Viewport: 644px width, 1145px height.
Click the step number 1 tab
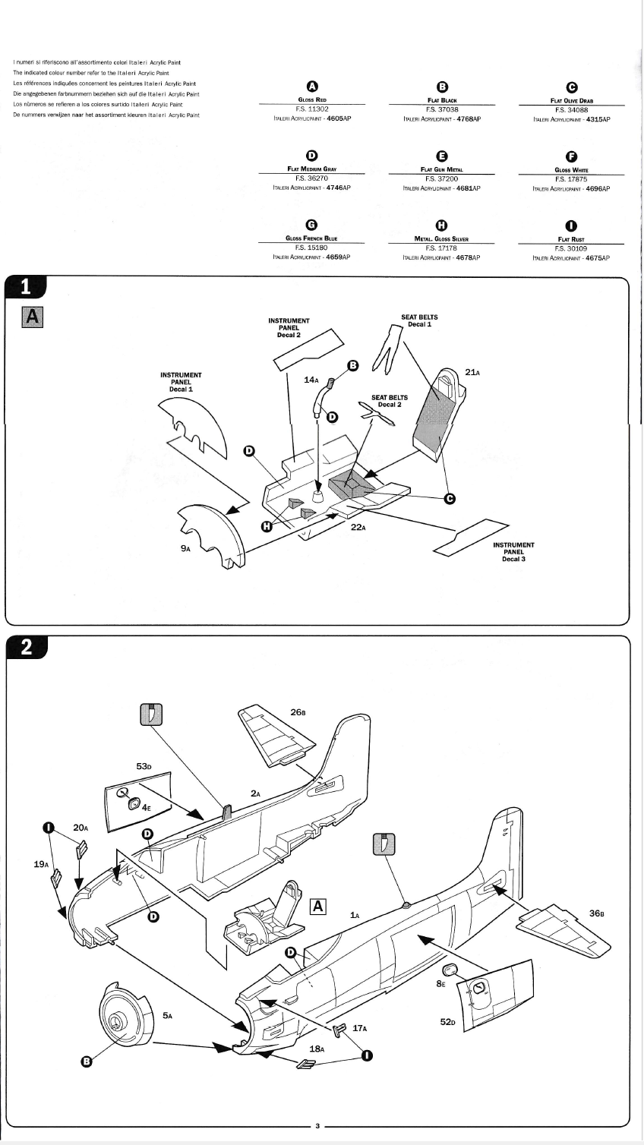(x=26, y=287)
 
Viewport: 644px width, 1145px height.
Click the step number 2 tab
(x=26, y=647)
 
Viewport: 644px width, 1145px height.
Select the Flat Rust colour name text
(x=570, y=239)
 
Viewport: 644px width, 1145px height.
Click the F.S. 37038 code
(x=441, y=109)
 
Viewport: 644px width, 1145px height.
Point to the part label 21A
(x=472, y=372)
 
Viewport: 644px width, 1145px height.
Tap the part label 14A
(x=311, y=379)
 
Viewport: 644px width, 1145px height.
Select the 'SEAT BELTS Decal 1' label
(x=419, y=320)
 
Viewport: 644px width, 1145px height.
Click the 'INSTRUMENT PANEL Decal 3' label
(x=513, y=552)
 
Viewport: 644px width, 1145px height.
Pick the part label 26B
(x=298, y=712)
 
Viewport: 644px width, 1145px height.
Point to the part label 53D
(x=144, y=766)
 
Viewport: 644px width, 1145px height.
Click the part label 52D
(x=448, y=1021)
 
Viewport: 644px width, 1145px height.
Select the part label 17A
(x=360, y=1028)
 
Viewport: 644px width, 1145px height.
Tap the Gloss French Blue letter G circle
(x=311, y=225)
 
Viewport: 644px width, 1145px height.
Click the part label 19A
(x=42, y=864)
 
